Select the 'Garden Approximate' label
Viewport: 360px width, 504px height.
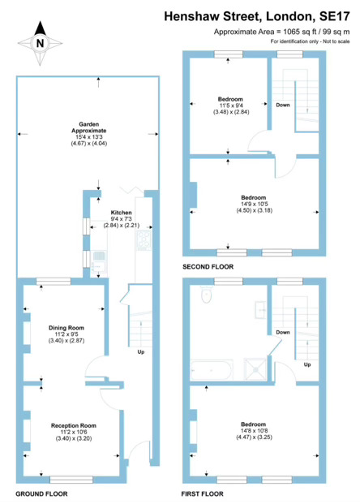coord(88,130)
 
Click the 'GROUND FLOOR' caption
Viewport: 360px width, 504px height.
coord(41,493)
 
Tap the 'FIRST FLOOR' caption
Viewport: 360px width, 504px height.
coord(202,493)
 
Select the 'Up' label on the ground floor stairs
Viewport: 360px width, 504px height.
coord(140,351)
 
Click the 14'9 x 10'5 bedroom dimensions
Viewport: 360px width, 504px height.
coord(251,205)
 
